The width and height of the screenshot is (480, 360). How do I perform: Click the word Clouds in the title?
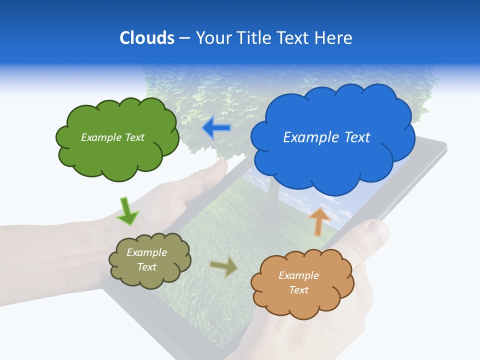(146, 37)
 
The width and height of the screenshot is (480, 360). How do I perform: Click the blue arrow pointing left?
(216, 128)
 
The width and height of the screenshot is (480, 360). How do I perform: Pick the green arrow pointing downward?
(127, 211)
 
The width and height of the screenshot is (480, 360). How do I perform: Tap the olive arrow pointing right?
(224, 267)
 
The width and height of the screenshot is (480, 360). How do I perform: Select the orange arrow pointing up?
(318, 221)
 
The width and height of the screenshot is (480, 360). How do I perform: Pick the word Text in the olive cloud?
(147, 267)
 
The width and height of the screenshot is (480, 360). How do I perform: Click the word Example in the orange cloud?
(298, 275)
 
